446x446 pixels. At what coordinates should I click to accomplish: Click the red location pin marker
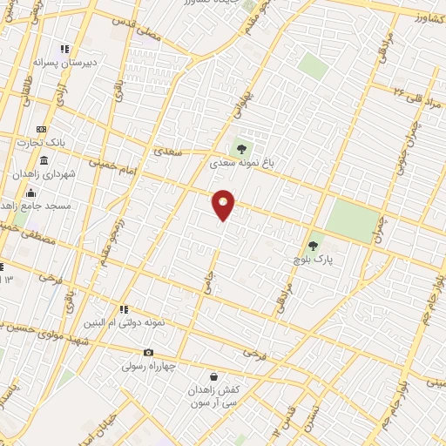pos(223,205)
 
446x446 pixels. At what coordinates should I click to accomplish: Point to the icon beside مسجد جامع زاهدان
pos(31,193)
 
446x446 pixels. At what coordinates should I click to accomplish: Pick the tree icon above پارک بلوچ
pos(314,247)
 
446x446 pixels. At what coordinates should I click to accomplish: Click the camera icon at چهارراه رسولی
pos(149,353)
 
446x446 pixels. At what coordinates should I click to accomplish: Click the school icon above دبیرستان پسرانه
pos(64,50)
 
